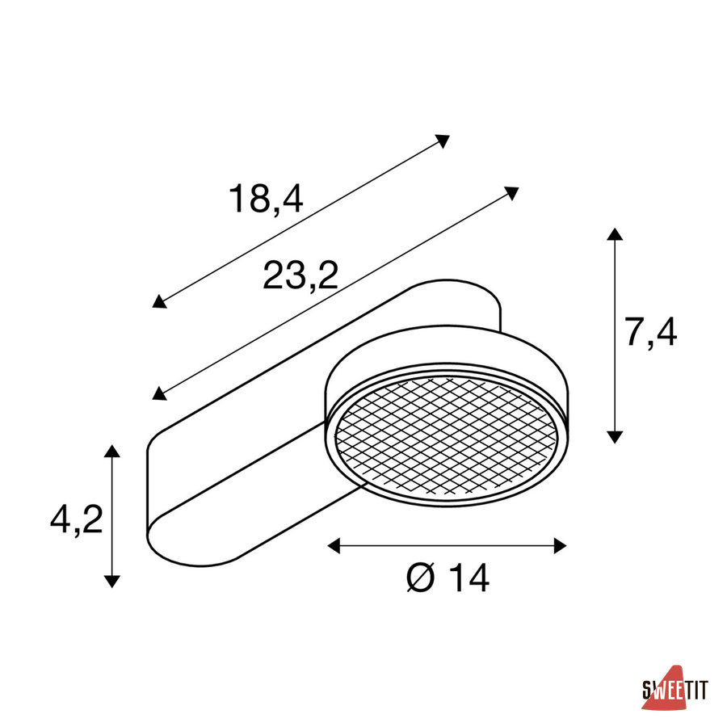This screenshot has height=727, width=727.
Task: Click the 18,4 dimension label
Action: (x=266, y=199)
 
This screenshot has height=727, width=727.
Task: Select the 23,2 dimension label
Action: (x=300, y=275)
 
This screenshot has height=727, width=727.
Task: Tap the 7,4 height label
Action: (x=650, y=332)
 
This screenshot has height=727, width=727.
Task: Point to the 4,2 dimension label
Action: (x=77, y=519)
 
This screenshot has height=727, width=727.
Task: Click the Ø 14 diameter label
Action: (x=448, y=578)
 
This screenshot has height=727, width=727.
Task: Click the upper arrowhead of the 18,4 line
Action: (x=443, y=141)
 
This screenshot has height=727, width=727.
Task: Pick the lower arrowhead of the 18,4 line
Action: (x=159, y=301)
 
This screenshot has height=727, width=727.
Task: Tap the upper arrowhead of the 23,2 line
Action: (x=511, y=192)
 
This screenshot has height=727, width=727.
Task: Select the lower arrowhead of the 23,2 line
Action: (x=159, y=393)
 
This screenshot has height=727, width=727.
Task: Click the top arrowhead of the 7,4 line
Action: (x=615, y=233)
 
